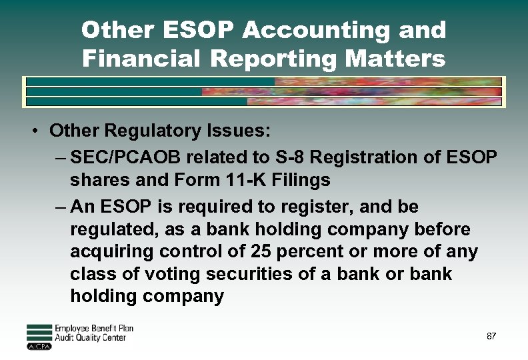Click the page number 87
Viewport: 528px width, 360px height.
[x=491, y=336]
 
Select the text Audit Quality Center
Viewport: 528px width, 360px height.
[x=90, y=338]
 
